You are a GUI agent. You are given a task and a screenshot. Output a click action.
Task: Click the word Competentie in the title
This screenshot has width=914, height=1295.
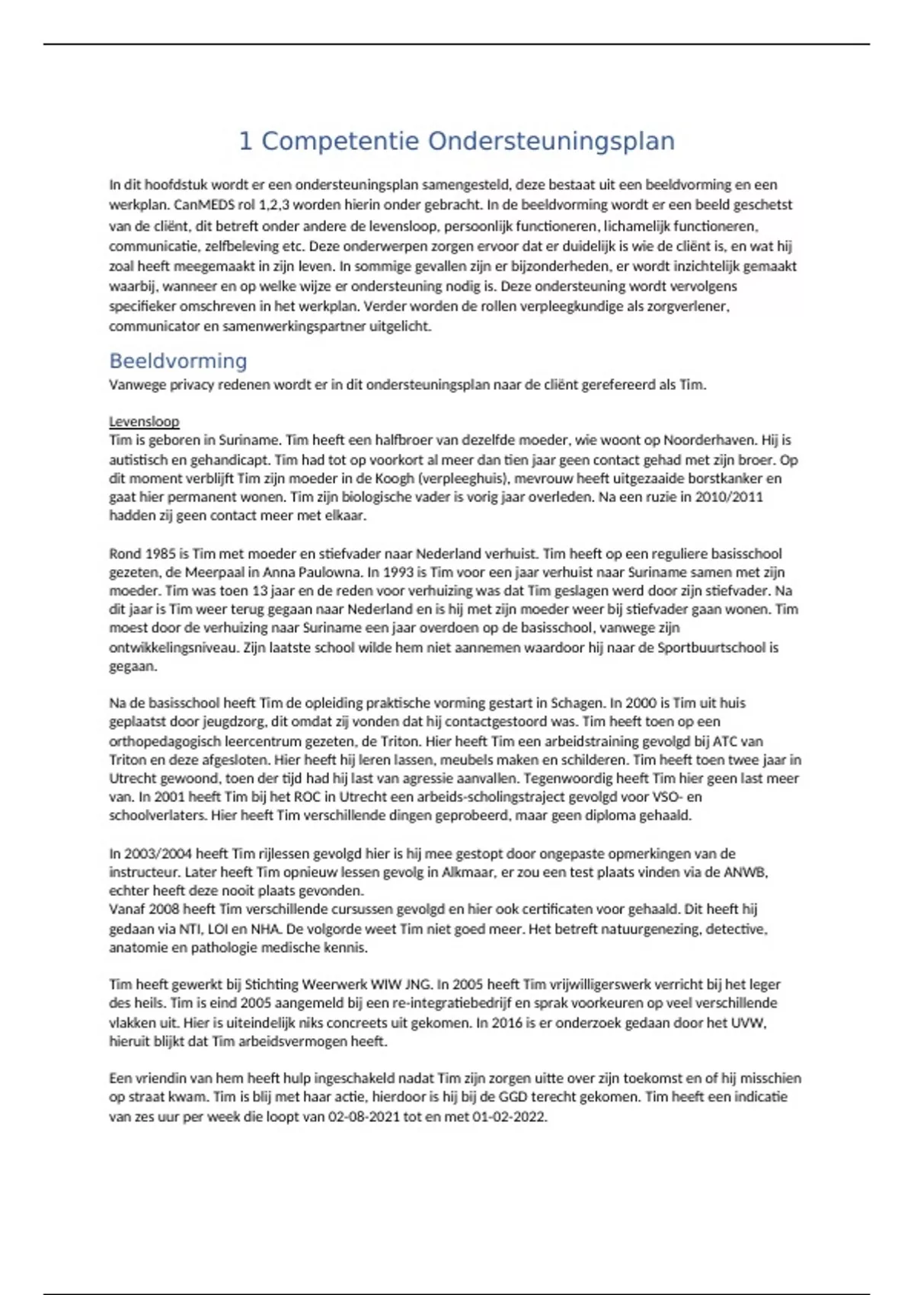point(340,142)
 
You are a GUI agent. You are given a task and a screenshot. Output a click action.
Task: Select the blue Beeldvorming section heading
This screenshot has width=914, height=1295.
point(178,361)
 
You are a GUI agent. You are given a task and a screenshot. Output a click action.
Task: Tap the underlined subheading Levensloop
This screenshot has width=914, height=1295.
point(144,421)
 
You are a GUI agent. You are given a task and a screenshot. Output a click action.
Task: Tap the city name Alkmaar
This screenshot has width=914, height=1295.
point(466,872)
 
